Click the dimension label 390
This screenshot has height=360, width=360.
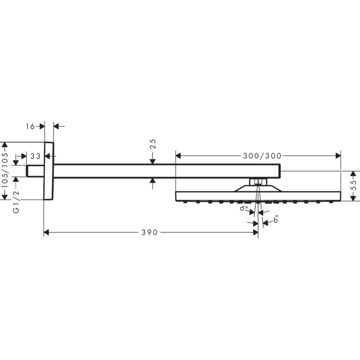(x=149, y=233)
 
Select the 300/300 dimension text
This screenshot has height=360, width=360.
(x=262, y=156)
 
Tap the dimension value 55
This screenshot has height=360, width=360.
(x=353, y=185)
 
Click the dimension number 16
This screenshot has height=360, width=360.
(x=30, y=126)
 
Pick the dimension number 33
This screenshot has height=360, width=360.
(x=36, y=156)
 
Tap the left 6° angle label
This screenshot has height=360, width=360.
(x=243, y=209)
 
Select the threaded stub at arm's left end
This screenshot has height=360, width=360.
(x=35, y=171)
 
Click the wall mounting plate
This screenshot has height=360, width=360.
(x=49, y=171)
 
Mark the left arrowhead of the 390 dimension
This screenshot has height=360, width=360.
(x=46, y=233)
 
